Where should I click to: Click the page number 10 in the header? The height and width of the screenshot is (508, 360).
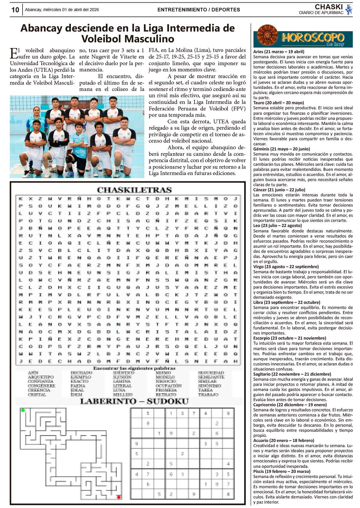15,10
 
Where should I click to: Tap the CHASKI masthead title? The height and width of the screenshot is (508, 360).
328,7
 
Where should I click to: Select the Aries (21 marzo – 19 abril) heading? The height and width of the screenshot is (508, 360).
279,52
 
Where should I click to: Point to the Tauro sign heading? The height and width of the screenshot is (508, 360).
278,103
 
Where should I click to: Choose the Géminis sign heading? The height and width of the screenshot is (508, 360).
281,149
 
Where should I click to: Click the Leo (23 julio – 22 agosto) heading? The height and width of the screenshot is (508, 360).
277,225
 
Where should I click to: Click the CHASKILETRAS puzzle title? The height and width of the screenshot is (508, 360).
134,190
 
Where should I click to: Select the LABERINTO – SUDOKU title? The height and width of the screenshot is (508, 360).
134,401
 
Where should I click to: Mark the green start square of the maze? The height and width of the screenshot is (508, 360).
23,410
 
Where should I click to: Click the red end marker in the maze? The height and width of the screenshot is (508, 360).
119,497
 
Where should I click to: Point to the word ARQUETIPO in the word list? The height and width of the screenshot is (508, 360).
40,377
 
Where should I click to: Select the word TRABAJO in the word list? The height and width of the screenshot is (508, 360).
208,394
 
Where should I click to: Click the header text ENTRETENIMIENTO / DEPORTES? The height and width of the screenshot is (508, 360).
199,10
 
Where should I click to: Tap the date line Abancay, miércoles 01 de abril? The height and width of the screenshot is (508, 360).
62,10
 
